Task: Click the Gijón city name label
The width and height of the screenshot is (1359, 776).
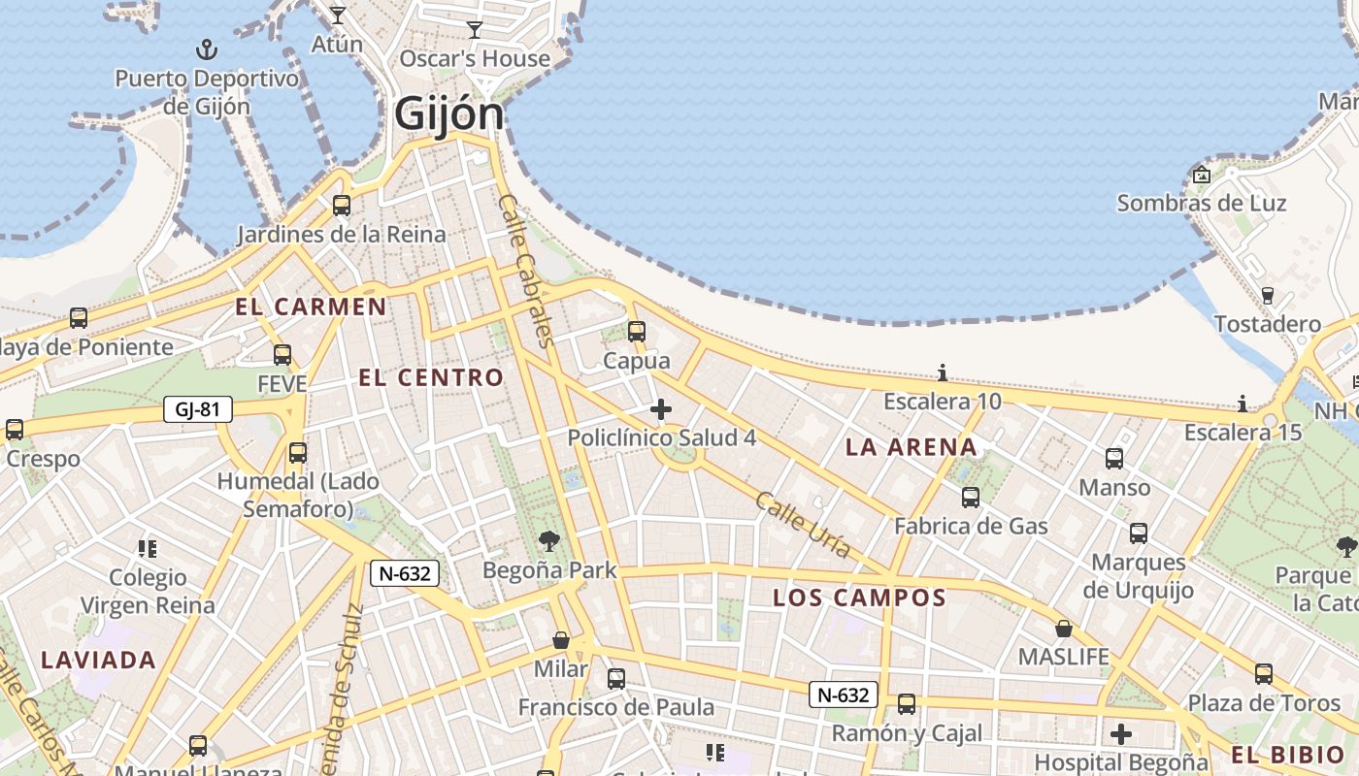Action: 449,114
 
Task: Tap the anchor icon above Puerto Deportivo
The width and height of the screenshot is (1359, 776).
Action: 207,48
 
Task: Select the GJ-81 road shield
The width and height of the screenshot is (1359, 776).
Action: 198,409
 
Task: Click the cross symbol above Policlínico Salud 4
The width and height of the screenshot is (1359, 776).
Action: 661,409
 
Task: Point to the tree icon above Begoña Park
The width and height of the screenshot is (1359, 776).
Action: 549,540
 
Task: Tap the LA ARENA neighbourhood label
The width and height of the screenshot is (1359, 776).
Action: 911,447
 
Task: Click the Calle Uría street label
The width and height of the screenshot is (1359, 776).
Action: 802,525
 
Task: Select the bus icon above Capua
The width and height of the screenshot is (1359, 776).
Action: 637,332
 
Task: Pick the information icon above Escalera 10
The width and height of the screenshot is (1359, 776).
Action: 942,372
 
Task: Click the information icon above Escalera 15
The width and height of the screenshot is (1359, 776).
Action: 1243,403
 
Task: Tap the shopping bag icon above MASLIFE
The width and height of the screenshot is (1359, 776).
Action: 1064,629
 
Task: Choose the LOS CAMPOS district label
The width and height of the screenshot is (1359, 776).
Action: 859,598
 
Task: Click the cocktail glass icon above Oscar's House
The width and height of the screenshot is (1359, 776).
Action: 475,30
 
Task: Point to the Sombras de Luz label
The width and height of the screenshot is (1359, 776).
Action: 1202,203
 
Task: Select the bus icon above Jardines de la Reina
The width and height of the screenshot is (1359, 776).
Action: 342,206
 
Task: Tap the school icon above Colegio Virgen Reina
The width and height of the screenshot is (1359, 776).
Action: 148,549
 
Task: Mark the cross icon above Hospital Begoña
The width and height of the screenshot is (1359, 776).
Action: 1121,733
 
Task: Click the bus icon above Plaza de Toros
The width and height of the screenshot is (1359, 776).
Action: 1264,674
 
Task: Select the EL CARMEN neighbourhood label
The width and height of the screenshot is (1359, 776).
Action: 311,307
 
